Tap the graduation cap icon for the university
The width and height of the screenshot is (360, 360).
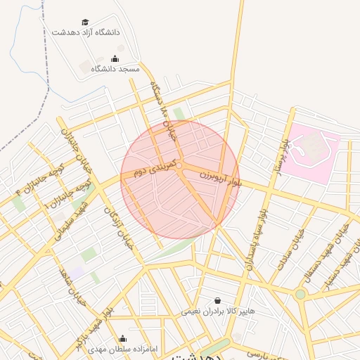click(x=85, y=22)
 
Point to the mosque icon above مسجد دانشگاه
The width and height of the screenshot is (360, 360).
click(x=115, y=59)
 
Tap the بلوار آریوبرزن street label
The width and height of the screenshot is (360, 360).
click(x=220, y=171)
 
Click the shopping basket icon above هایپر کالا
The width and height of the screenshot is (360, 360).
click(x=217, y=300)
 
